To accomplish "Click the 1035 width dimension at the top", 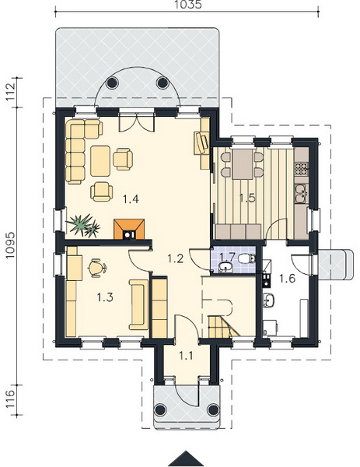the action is pos(187,5).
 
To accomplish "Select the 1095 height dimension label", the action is pos(10,246).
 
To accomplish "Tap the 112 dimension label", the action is pos(10,91).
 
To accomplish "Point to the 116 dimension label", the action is pos(10,400).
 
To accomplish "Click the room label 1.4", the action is pos(131,199).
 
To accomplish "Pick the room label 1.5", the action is pos(247,198).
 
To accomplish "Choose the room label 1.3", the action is pos(105,297).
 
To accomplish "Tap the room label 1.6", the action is pos(287,279).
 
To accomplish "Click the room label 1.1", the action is pos(186,356).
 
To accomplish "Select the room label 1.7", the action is pos(227,256).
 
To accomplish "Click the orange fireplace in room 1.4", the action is pos(129,229).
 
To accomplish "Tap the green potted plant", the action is pos(83,226).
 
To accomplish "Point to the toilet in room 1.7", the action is pos(246,258).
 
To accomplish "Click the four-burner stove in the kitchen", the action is pos(302,169).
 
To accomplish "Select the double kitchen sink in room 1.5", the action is pos(302,193).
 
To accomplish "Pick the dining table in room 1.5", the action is pos(243,164).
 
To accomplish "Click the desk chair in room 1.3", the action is pos(97,269).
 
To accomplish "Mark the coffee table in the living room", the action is pos(100,161).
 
